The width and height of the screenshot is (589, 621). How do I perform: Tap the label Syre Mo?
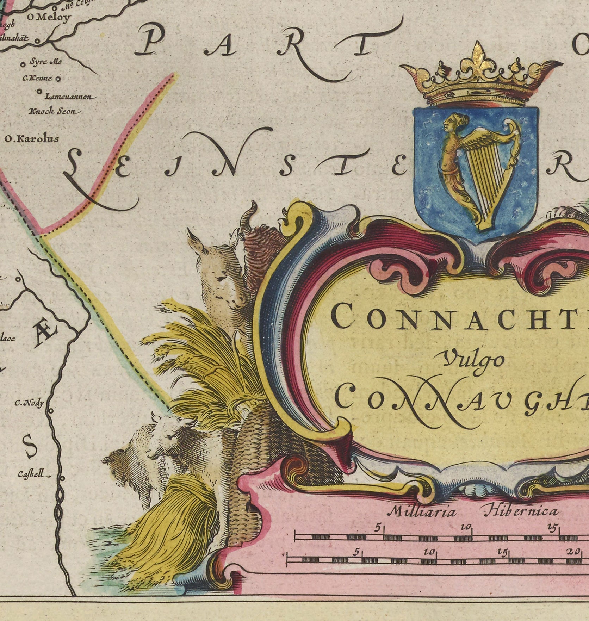click(x=46, y=62)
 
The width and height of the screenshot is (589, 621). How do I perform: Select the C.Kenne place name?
click(x=37, y=78)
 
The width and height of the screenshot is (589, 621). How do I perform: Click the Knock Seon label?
click(x=52, y=111)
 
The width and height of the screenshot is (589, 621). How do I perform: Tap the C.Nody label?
click(x=29, y=403)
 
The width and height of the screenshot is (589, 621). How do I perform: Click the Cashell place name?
click(x=31, y=474)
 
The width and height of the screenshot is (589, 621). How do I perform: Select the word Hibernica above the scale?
click(x=521, y=511)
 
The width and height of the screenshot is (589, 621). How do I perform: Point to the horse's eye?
click(x=221, y=279)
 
